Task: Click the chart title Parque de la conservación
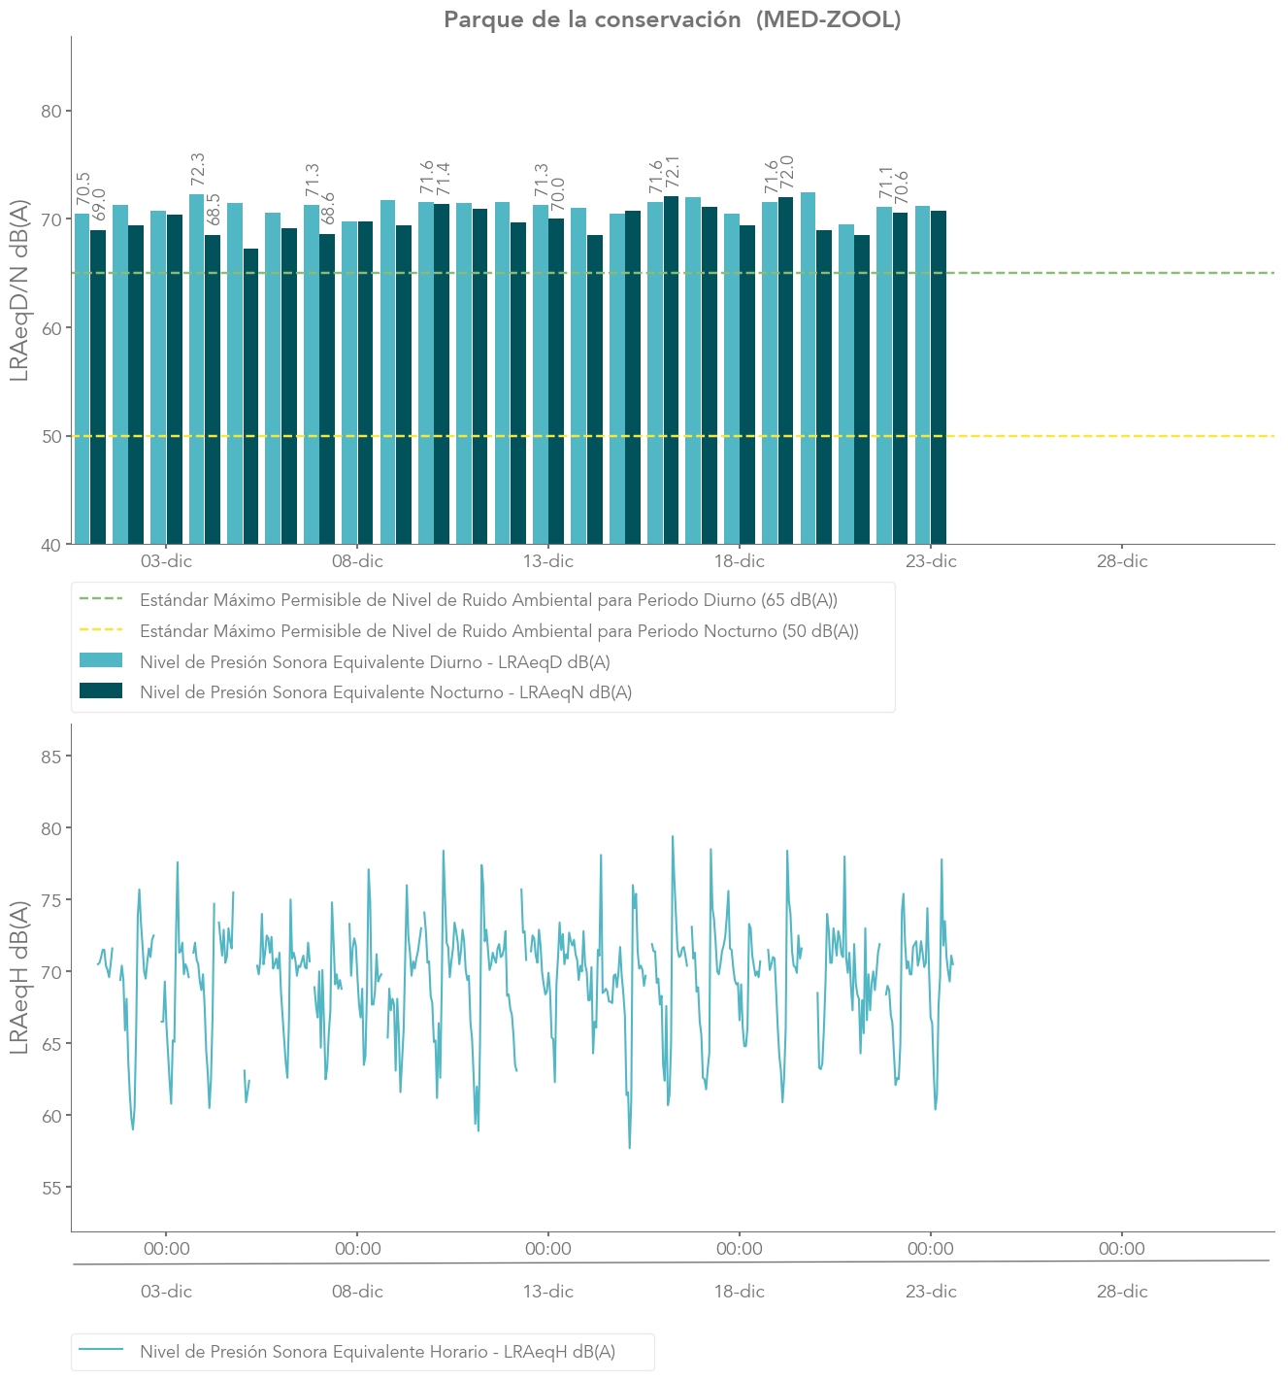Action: [x=672, y=19]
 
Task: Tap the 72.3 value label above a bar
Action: [x=198, y=169]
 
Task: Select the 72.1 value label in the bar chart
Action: [x=672, y=172]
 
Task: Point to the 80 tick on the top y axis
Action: [x=51, y=111]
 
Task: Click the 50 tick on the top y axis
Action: [x=51, y=436]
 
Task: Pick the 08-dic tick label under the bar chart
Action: [x=357, y=561]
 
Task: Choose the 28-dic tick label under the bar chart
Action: [x=1122, y=561]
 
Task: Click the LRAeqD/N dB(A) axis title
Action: [x=19, y=290]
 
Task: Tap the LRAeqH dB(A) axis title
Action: [x=19, y=977]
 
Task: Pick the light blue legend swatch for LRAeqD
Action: [x=101, y=660]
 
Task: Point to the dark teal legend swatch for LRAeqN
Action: [x=101, y=690]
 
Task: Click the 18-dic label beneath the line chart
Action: [x=740, y=1292]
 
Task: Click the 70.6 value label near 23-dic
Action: [x=902, y=188]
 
